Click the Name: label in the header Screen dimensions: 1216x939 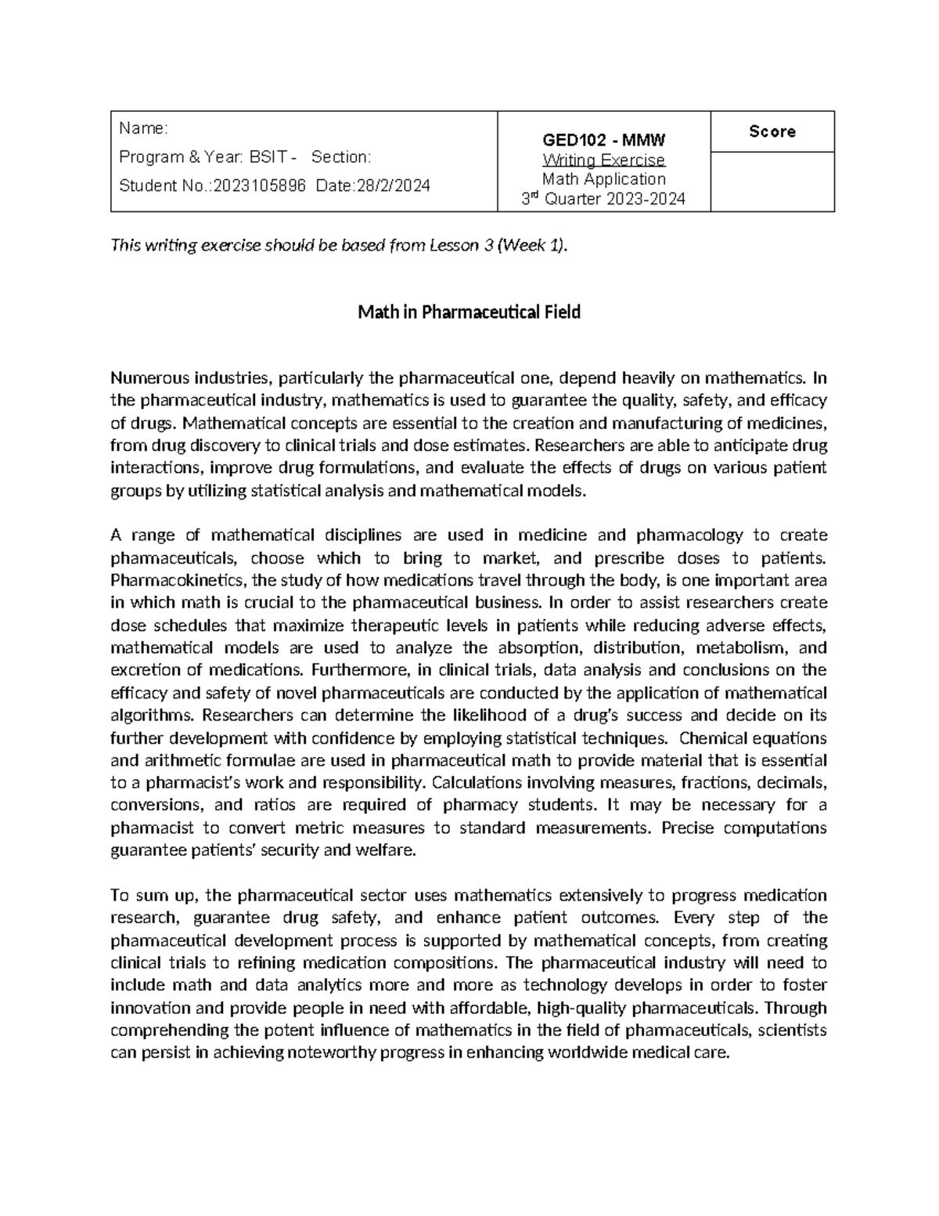[x=142, y=128]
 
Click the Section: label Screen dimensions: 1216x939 [x=341, y=157]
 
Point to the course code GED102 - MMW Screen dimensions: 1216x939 [x=603, y=141]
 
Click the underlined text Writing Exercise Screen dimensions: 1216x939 [x=603, y=161]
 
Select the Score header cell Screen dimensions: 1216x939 [x=772, y=132]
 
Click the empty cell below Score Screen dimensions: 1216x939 [x=772, y=182]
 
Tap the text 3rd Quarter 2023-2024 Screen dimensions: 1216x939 [x=603, y=199]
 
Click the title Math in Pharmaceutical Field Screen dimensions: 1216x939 [x=469, y=312]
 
